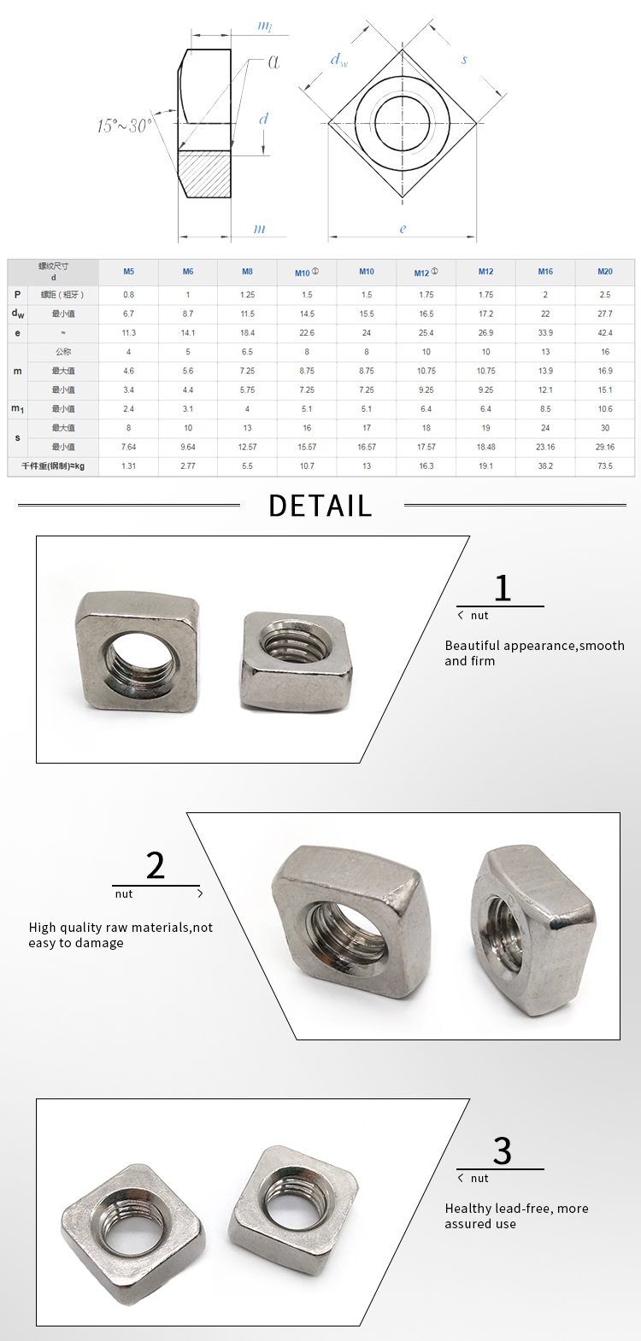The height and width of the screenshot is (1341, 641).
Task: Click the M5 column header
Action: tap(128, 272)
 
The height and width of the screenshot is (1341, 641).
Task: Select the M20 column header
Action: tap(605, 272)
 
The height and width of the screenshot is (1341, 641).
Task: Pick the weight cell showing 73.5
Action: tap(605, 466)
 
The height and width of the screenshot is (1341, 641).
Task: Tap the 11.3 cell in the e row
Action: tap(128, 333)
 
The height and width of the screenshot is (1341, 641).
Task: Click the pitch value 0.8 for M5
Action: tap(128, 295)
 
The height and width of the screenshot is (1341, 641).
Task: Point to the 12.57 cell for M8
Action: tap(247, 447)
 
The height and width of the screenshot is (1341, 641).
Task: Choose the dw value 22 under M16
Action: tap(545, 313)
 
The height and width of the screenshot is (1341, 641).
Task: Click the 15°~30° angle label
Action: tap(125, 126)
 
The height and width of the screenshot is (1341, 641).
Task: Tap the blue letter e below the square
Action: tap(403, 229)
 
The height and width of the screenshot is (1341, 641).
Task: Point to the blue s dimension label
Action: tap(464, 60)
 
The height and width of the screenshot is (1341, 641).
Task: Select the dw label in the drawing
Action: tap(338, 60)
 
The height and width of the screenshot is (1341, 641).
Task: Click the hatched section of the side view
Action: tap(205, 173)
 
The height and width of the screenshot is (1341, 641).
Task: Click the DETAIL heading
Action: tap(320, 506)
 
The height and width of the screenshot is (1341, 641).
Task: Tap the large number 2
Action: tap(156, 866)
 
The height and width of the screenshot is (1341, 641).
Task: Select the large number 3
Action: tap(503, 1151)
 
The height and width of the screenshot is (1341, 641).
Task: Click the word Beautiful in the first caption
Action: tap(473, 646)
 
